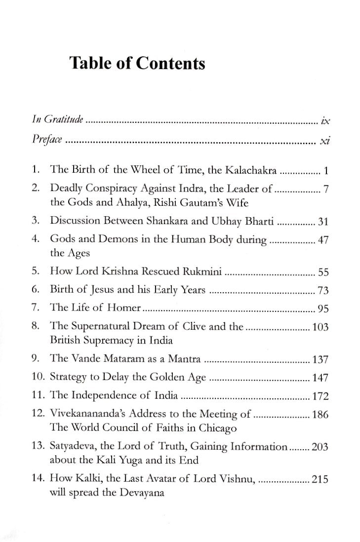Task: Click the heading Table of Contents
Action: pyautogui.click(x=137, y=63)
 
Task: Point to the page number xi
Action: pyautogui.click(x=324, y=142)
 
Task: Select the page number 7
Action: pyautogui.click(x=327, y=190)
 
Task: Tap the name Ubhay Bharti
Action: pyautogui.click(x=247, y=223)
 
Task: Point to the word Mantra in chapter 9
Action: pyautogui.click(x=185, y=359)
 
